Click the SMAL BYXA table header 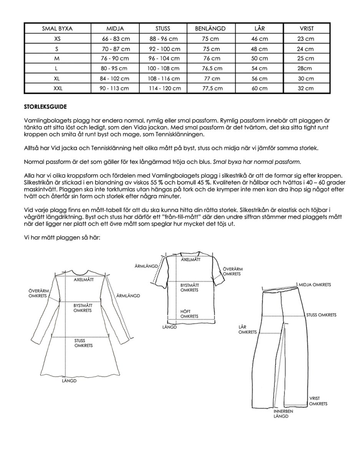pyautogui.click(x=58, y=28)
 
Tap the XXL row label pyautogui.click(x=58, y=88)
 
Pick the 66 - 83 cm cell pyautogui.click(x=116, y=39)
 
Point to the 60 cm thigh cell pyautogui.click(x=259, y=88)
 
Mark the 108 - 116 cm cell pyautogui.click(x=163, y=79)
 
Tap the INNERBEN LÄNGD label pyautogui.click(x=283, y=414)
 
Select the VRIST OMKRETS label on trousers pyautogui.click(x=318, y=401)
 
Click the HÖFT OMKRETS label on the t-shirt pyautogui.click(x=189, y=314)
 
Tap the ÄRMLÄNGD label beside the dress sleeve pyautogui.click(x=128, y=296)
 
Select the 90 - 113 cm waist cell pyautogui.click(x=116, y=88)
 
